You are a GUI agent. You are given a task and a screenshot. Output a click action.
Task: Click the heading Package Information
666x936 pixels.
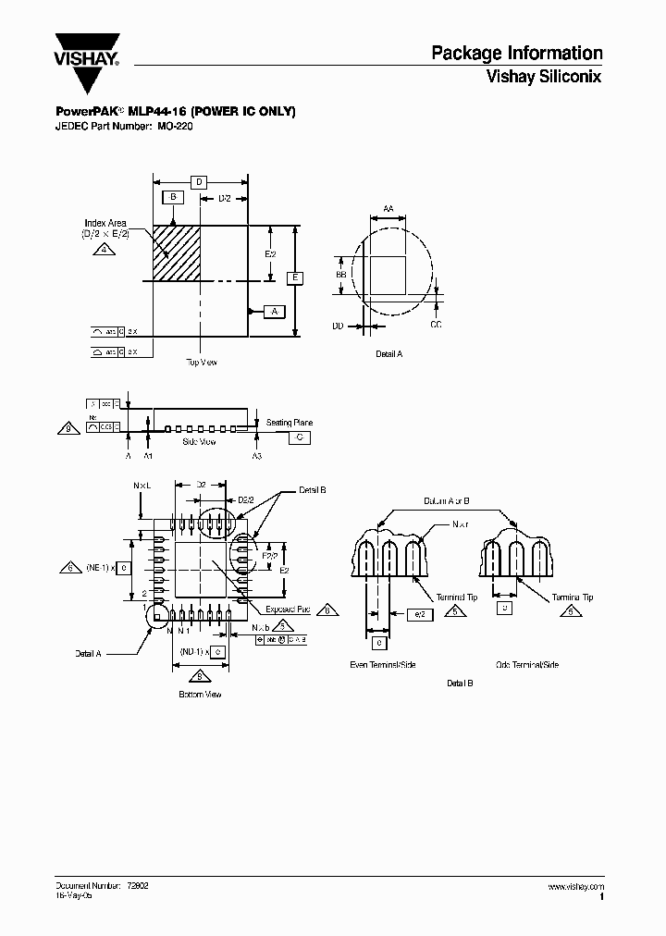516,54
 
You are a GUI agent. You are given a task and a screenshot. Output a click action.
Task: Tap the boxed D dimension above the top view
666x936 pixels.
198,182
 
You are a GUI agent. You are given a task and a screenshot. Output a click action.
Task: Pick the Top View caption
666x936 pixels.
201,362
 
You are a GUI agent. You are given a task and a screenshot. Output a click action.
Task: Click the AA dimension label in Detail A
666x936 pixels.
388,210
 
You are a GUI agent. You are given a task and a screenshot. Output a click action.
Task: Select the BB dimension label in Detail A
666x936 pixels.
340,276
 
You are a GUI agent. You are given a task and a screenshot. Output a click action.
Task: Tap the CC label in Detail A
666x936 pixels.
437,326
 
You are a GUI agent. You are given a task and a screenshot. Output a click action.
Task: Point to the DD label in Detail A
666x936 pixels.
338,326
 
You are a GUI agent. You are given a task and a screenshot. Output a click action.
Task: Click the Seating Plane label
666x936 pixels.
290,423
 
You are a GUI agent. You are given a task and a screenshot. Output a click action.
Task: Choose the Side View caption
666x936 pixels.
199,442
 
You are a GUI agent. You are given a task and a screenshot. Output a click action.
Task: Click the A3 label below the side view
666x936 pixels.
257,457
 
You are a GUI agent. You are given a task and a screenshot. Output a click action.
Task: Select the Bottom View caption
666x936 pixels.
201,694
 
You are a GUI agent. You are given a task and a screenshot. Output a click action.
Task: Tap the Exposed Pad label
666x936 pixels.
288,610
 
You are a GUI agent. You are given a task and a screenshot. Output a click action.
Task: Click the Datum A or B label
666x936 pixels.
447,499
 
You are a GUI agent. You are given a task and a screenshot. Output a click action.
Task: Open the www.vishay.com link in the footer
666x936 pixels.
575,886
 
